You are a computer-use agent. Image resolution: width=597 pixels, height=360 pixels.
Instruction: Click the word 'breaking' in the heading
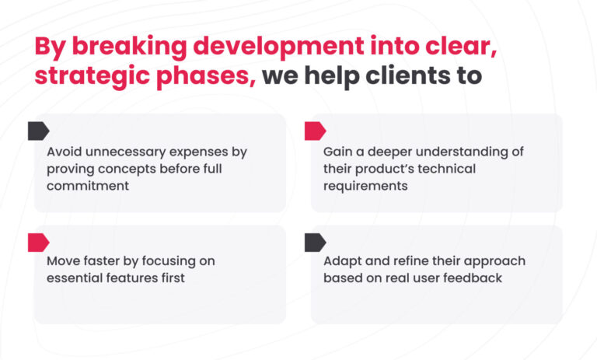[129, 47]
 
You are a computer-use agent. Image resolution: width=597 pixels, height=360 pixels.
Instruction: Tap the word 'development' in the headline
[279, 47]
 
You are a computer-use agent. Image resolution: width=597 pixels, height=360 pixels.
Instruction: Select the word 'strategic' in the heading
[92, 76]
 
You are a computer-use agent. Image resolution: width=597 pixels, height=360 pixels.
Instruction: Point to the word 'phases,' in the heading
[206, 76]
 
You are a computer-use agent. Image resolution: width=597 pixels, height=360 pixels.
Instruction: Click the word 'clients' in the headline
[408, 75]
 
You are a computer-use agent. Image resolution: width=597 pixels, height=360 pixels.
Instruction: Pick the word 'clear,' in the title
[461, 47]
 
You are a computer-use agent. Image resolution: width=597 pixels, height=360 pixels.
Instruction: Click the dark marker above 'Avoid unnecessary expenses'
[38, 131]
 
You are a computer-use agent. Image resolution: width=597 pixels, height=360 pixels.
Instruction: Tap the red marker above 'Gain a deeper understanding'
[316, 131]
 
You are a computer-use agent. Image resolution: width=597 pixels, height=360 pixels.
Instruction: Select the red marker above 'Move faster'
[38, 243]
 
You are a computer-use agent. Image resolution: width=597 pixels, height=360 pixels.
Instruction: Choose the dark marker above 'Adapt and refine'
[316, 243]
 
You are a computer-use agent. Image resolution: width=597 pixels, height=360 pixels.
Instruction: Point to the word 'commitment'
[88, 186]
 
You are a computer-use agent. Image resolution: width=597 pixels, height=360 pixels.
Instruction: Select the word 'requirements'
[365, 187]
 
